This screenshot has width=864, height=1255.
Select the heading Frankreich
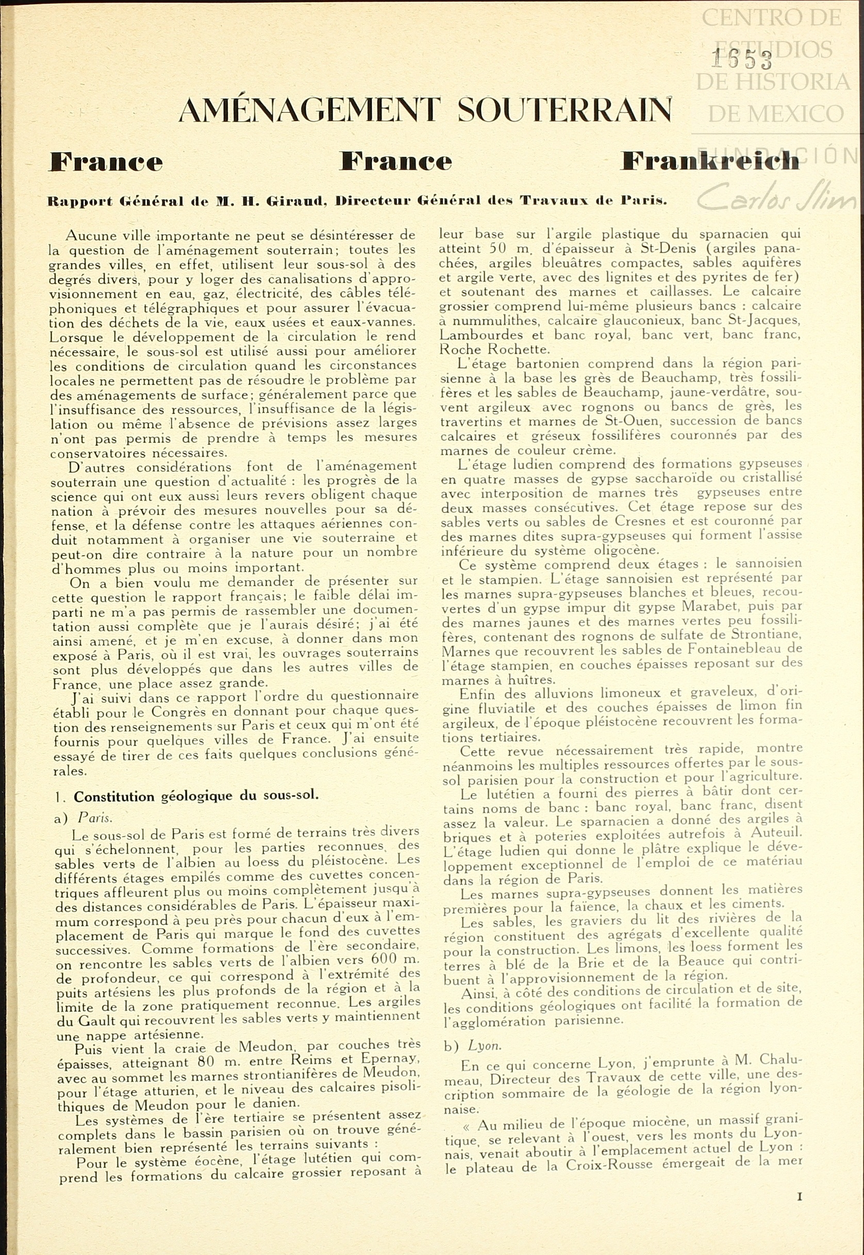(709, 161)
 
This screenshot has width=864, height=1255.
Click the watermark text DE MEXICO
(775, 114)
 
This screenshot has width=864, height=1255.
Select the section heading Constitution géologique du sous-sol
(196, 797)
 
